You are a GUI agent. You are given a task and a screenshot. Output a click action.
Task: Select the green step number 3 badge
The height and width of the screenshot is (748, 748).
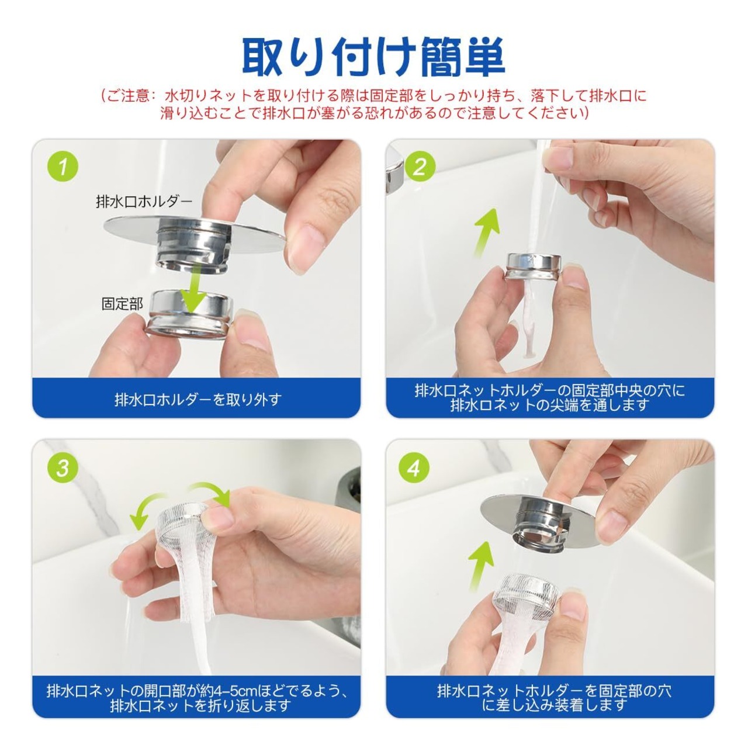coord(63,467)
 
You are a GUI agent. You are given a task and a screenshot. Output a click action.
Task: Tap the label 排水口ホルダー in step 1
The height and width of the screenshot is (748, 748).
coord(144,201)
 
